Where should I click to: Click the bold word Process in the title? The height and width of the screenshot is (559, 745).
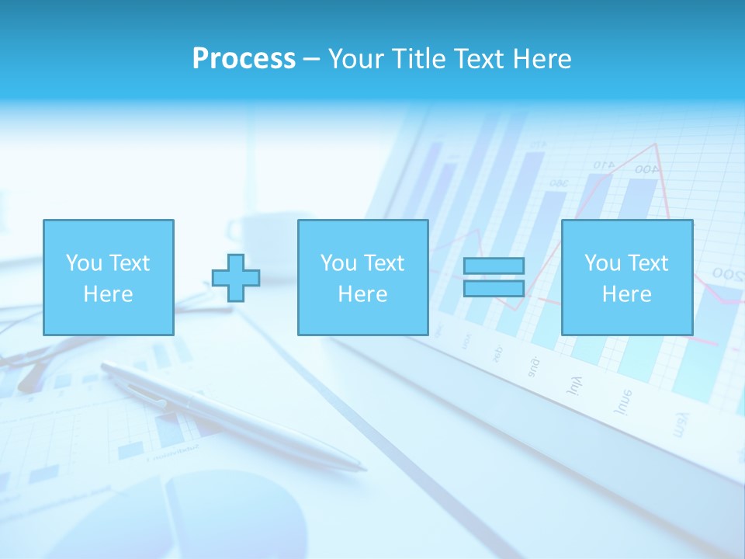[244, 59]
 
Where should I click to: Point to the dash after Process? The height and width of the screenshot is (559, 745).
[311, 60]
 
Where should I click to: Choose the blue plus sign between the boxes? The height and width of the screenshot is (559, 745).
[236, 277]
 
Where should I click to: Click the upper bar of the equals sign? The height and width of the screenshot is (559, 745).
[494, 266]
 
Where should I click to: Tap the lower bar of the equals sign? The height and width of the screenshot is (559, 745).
[494, 288]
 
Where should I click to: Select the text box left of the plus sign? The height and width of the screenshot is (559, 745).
[108, 277]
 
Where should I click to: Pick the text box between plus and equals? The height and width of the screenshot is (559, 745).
[362, 277]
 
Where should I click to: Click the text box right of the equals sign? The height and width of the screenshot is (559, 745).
[626, 277]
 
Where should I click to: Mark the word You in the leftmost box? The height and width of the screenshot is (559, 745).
[84, 263]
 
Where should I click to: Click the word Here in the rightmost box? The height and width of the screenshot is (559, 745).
[626, 293]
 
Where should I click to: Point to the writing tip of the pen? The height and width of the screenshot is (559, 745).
[363, 469]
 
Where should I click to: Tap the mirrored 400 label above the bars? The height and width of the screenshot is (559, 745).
[644, 169]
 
